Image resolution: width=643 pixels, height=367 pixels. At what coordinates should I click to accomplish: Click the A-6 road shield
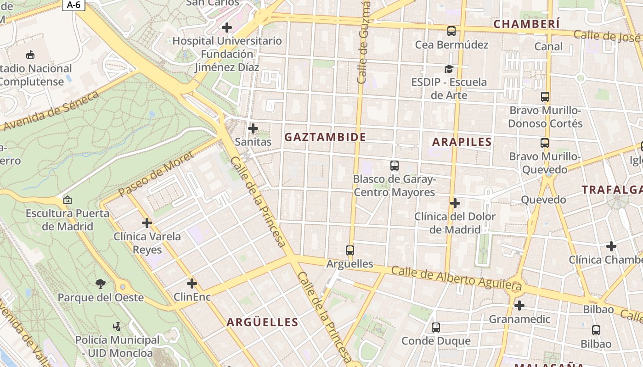(73, 5)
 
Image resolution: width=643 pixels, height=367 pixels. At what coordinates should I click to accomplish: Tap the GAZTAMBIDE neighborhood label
(325, 137)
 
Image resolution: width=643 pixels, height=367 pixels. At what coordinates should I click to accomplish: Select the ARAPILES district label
(462, 142)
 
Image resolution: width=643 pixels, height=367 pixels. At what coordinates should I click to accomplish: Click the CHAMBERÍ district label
(527, 24)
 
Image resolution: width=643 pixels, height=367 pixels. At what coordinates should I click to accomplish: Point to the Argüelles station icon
(350, 250)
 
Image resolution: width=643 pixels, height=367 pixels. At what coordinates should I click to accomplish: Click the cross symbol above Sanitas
(253, 128)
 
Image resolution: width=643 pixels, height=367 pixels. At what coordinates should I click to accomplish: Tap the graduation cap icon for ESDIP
(449, 69)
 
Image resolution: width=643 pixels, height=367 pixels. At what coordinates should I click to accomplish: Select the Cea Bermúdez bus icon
(451, 31)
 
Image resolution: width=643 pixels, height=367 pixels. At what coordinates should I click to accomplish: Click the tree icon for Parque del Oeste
(101, 284)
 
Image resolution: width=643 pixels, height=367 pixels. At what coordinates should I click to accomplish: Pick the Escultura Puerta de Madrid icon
(68, 200)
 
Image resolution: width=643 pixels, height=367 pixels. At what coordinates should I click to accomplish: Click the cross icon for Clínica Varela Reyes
(147, 223)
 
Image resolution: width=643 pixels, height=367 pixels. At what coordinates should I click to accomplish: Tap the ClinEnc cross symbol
(192, 284)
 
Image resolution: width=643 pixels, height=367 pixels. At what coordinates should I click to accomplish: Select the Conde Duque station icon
(436, 328)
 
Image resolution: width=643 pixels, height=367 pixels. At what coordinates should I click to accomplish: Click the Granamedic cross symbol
(519, 306)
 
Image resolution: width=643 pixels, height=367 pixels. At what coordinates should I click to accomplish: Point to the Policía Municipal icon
(117, 327)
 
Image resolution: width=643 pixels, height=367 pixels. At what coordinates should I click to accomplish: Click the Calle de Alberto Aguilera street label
(457, 278)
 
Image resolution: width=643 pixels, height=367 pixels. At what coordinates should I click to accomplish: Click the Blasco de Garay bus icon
(394, 166)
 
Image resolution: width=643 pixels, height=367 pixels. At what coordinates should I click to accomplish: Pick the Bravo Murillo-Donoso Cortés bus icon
(545, 97)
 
